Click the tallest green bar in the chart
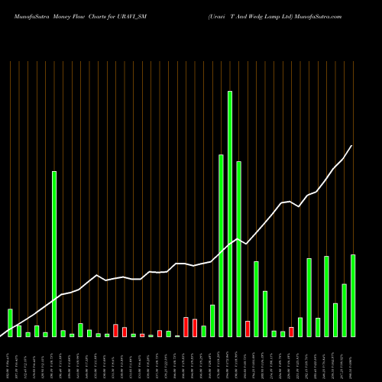point(230,214)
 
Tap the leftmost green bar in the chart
point(10,322)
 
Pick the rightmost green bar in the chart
point(353,295)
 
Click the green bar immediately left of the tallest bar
point(221,245)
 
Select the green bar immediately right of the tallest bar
point(238,248)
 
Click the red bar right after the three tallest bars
point(248,329)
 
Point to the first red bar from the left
point(115,330)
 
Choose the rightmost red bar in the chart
point(291,332)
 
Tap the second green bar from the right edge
point(344,309)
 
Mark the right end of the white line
point(351,146)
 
